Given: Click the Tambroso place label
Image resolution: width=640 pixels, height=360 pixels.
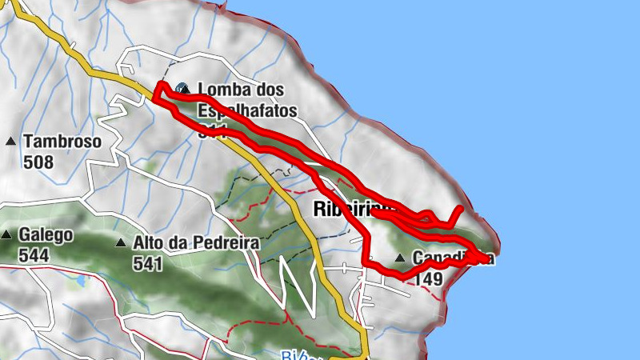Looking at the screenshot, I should coord(62,142).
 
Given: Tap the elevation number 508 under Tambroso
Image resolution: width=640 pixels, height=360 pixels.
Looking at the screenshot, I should coord(38,162).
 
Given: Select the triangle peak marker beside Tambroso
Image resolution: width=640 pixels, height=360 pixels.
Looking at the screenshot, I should coord(10,142).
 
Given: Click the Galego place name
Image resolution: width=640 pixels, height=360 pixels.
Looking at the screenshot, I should coord(47,235).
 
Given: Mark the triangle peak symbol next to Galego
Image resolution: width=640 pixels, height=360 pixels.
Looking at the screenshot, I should coord(7,235).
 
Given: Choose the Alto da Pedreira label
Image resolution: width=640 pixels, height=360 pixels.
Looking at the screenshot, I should coord(196,243).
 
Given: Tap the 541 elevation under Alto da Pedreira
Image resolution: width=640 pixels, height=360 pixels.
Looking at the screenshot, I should coord(149,263).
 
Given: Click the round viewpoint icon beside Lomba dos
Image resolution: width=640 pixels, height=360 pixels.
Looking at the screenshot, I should coord(183,90).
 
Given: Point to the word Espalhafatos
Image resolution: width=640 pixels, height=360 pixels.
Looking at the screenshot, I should coord(247,110).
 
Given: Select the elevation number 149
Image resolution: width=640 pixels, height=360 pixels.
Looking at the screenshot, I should coord(429,278).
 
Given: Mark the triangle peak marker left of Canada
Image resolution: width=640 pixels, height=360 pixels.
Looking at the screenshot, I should coord(399,258).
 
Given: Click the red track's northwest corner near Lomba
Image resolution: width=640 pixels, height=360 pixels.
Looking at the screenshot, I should coord(160,86).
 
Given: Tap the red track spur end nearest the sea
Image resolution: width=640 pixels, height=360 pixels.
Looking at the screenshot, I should coord(461,209).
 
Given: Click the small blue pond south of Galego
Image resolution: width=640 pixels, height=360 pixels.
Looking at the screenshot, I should coord(80,282).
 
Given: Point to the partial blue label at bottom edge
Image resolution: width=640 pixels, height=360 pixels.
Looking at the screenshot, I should coord(295,355).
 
